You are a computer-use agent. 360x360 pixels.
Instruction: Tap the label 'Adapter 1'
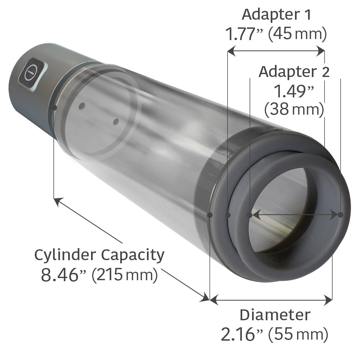276,15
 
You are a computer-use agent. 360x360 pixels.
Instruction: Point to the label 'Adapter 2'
294,72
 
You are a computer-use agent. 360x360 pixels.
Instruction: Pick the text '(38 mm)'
294,110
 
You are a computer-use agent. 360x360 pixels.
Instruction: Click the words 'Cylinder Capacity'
99,255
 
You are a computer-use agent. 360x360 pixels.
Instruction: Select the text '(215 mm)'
124,275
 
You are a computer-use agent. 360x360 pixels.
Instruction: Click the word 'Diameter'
275,315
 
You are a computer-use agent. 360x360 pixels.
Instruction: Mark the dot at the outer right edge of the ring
340,214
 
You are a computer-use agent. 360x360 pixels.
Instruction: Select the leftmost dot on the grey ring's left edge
210,214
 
